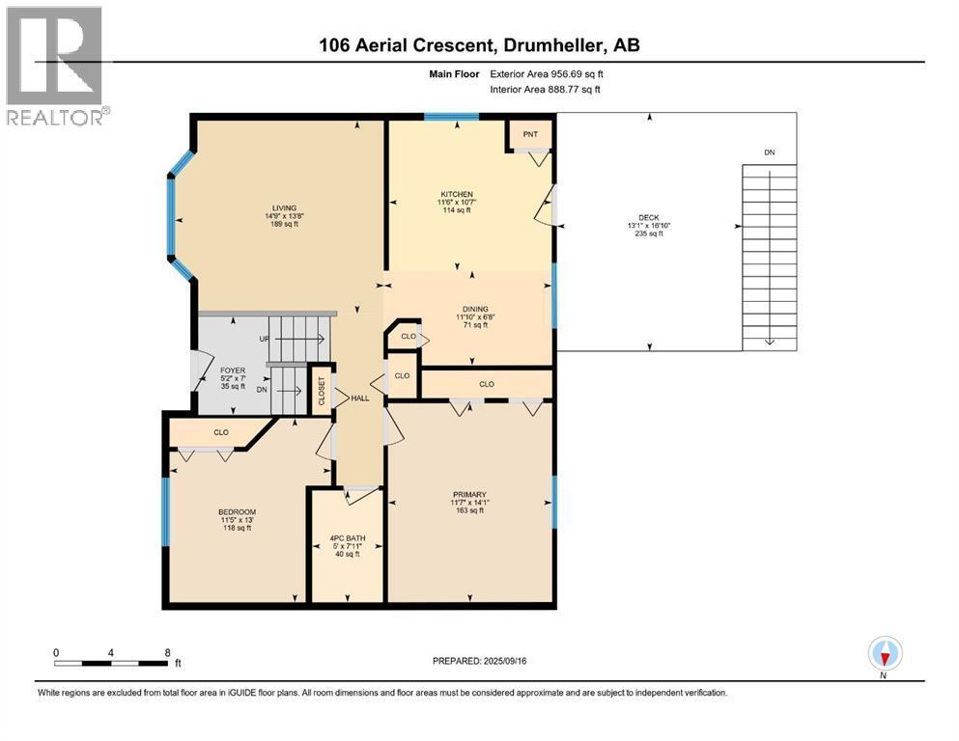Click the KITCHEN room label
[457, 194]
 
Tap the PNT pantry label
[530, 134]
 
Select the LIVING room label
[284, 208]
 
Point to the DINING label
[475, 309]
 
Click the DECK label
[649, 217]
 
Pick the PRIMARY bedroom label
[469, 495]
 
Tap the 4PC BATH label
[348, 538]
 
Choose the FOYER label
[233, 370]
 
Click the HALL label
[360, 398]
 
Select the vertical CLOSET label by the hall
[322, 391]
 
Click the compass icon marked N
[885, 654]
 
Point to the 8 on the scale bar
[168, 652]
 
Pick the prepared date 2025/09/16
[504, 661]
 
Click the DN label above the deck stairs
[770, 152]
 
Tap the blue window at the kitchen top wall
[451, 116]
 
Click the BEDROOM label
[238, 512]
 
